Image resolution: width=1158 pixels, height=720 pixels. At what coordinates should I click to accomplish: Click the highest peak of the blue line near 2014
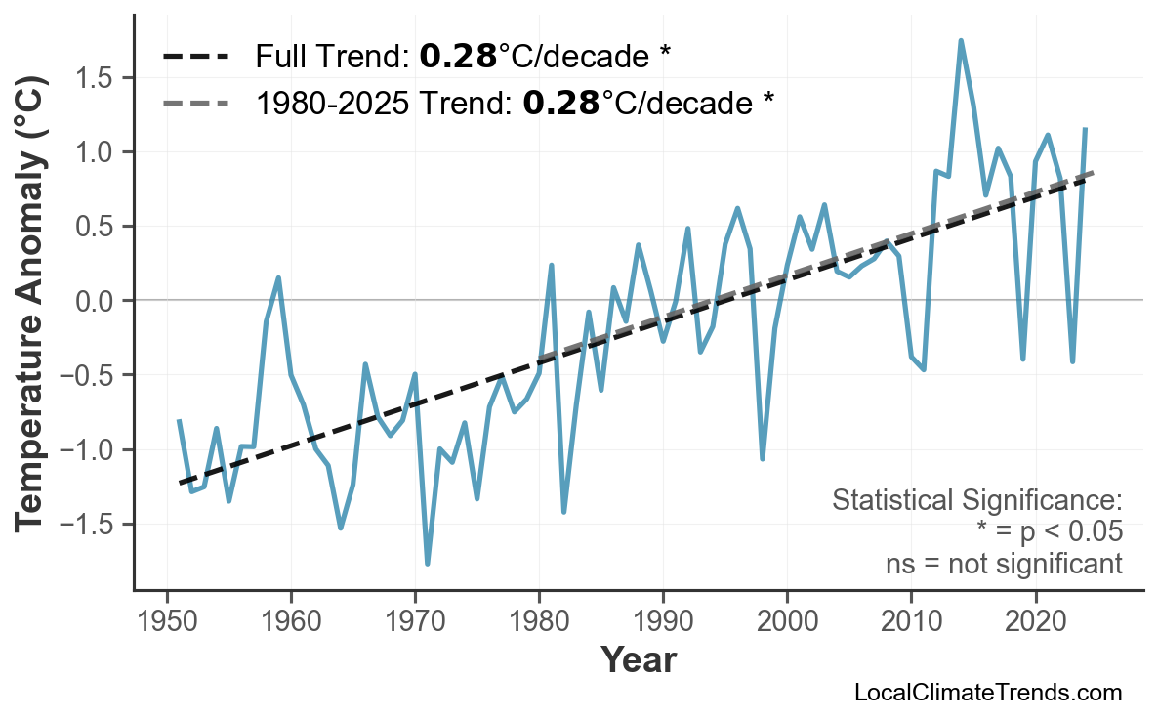(x=961, y=41)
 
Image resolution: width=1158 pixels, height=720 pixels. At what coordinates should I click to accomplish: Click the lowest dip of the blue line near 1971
(x=428, y=564)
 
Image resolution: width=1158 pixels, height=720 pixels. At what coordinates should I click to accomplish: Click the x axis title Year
(x=638, y=660)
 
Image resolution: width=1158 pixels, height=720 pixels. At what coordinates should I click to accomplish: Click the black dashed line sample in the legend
(x=196, y=57)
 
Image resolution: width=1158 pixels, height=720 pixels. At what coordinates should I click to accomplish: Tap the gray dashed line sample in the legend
(x=196, y=102)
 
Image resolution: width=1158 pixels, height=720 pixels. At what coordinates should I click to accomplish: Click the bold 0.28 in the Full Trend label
(x=458, y=57)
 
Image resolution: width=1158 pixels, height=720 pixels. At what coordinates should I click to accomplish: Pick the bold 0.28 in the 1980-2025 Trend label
(x=561, y=102)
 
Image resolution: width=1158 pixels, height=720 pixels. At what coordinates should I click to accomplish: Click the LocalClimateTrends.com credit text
(x=987, y=693)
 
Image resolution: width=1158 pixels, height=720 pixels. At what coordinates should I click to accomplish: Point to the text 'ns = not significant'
(x=1004, y=564)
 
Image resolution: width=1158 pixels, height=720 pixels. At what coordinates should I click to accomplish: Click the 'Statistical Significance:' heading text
(x=976, y=501)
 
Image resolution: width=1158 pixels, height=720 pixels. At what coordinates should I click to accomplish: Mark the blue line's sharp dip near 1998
(x=763, y=458)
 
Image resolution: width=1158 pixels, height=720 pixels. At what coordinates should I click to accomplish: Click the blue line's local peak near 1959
(x=278, y=277)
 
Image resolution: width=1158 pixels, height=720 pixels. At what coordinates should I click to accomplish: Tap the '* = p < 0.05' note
(x=1049, y=532)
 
